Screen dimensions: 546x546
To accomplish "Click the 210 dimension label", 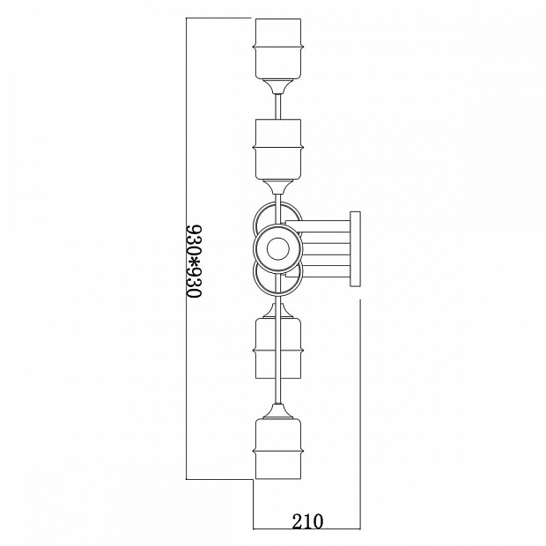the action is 307,521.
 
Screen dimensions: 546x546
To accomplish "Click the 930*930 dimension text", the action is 194,262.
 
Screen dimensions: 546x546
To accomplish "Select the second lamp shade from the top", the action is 278,150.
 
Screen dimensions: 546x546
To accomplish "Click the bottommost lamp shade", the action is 278,448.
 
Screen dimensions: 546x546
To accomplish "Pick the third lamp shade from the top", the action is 278,348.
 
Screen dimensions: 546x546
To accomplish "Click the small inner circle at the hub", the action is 278,248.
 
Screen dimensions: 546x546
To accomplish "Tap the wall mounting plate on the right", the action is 355,248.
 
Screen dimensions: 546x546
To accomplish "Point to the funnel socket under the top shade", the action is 278,86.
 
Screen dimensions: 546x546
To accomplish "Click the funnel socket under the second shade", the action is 278,187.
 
